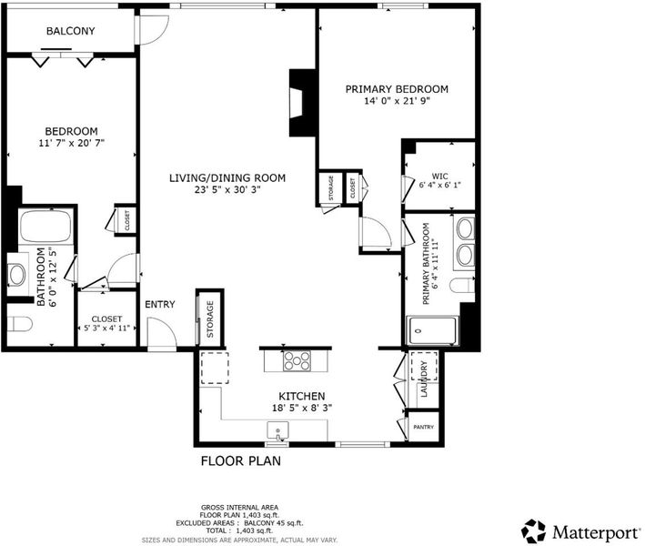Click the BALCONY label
click(x=70, y=31)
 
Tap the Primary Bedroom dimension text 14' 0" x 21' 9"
click(x=397, y=101)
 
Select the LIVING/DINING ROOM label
click(x=227, y=178)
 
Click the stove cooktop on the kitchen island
click(x=297, y=361)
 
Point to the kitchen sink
click(x=277, y=430)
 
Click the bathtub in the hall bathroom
click(x=45, y=226)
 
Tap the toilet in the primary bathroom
click(x=462, y=285)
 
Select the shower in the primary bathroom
click(x=432, y=330)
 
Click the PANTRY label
click(x=423, y=427)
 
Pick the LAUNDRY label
click(x=424, y=379)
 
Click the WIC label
click(x=439, y=177)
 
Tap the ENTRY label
click(x=160, y=305)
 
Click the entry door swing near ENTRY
click(x=163, y=332)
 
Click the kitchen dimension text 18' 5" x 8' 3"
click(x=302, y=409)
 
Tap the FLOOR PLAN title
click(x=241, y=461)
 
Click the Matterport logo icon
click(x=533, y=531)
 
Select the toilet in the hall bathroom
click(x=20, y=324)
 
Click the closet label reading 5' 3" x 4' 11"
click(x=106, y=329)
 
